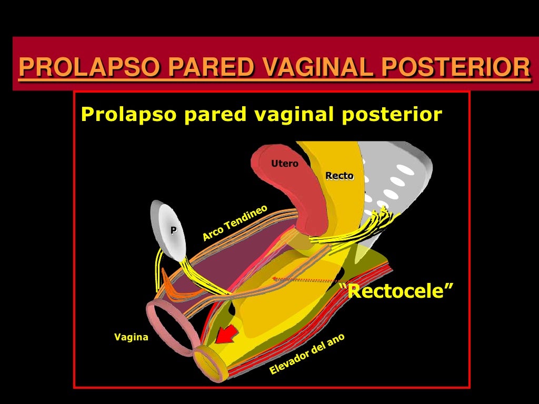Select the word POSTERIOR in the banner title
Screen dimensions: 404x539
pos(455,67)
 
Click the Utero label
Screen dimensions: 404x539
pos(284,164)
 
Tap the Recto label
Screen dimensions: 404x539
pos(340,176)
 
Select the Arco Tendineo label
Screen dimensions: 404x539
pos(235,223)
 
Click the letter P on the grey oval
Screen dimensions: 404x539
pos(173,230)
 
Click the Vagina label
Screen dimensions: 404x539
pos(131,337)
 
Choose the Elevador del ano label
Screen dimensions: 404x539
pos(307,353)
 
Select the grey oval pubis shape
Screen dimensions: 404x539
pos(168,231)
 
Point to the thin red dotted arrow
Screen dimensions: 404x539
pos(305,280)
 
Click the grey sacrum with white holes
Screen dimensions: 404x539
pos(400,179)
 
